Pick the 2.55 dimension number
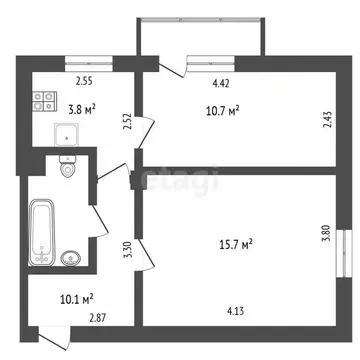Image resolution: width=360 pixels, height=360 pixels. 85,82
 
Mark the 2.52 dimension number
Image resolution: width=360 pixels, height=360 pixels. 127,123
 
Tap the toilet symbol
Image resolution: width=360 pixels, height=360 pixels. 69,169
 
